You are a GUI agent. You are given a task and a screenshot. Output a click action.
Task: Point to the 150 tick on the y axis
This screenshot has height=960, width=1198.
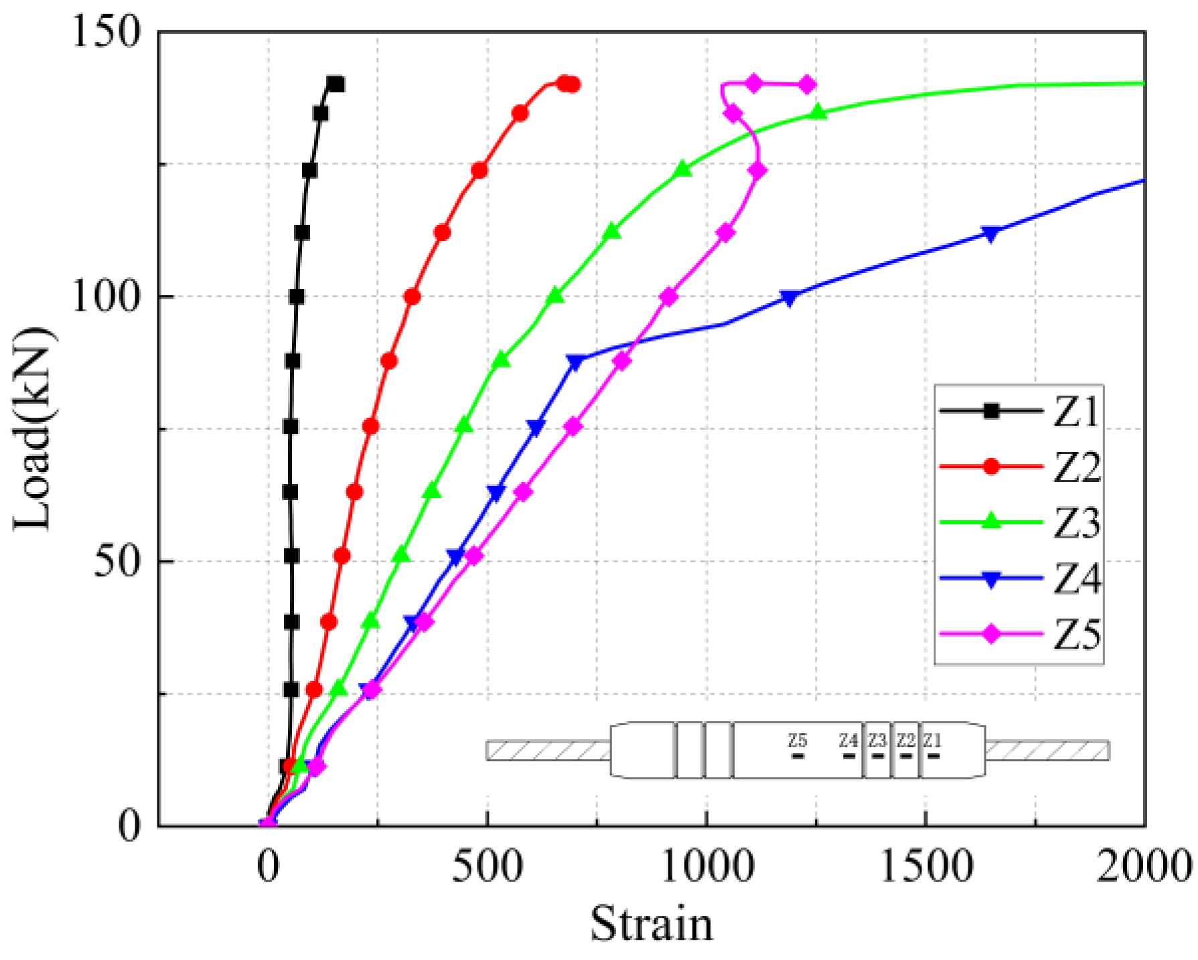(106, 31)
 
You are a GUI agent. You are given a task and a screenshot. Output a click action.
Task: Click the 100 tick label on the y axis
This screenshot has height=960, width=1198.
(106, 297)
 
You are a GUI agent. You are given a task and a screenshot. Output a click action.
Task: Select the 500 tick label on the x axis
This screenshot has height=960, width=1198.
(487, 867)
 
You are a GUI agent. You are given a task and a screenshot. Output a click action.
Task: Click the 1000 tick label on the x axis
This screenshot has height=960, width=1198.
(707, 867)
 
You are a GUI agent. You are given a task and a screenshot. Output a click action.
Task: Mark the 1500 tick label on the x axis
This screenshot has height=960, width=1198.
(926, 867)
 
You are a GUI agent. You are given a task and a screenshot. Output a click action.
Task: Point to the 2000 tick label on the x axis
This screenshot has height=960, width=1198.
(1144, 867)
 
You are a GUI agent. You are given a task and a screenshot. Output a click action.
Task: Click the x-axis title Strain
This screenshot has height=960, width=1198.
(652, 924)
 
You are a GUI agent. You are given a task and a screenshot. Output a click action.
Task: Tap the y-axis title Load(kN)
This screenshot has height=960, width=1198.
(32, 428)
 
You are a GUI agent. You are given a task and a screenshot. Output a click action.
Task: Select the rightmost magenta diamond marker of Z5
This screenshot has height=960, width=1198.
(807, 85)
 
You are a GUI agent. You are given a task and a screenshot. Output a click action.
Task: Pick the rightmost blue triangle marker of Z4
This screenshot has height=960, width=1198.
(991, 234)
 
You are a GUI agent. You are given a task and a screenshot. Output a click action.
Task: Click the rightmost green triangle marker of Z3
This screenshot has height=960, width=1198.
(818, 112)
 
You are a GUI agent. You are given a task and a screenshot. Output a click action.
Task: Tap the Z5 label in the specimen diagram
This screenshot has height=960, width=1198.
(797, 740)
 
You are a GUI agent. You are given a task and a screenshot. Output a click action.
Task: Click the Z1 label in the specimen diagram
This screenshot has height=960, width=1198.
(933, 740)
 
